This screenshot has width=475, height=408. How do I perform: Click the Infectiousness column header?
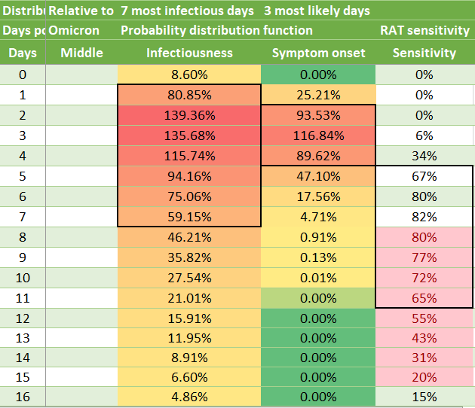coord(189,53)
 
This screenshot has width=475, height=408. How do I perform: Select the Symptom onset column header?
coord(318,53)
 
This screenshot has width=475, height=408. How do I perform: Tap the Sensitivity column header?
coord(424,53)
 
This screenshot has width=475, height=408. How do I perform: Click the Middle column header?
coord(81,53)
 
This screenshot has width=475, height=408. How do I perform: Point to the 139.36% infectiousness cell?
coord(189,115)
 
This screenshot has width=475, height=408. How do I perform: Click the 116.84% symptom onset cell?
coord(318,135)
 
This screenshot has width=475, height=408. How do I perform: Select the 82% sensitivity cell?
coord(424,217)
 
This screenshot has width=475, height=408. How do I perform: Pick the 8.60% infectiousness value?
coord(189,75)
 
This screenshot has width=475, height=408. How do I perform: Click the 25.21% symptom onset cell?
coord(318,95)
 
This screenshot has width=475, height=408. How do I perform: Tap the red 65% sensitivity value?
coord(424,298)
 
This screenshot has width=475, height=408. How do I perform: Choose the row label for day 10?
coord(23,278)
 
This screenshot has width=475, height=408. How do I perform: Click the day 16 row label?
coord(23,397)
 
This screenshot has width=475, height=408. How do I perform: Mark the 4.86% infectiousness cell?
coord(189,397)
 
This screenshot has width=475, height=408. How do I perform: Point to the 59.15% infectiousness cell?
coord(189,217)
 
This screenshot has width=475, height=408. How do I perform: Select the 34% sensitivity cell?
coord(424,156)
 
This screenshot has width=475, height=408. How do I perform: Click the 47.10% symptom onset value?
coord(318,176)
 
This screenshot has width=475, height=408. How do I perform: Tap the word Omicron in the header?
coord(74,30)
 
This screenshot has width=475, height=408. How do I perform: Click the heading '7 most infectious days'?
coord(187,11)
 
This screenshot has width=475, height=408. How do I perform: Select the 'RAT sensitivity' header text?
coord(424,30)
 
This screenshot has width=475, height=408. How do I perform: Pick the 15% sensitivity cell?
coord(424,397)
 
